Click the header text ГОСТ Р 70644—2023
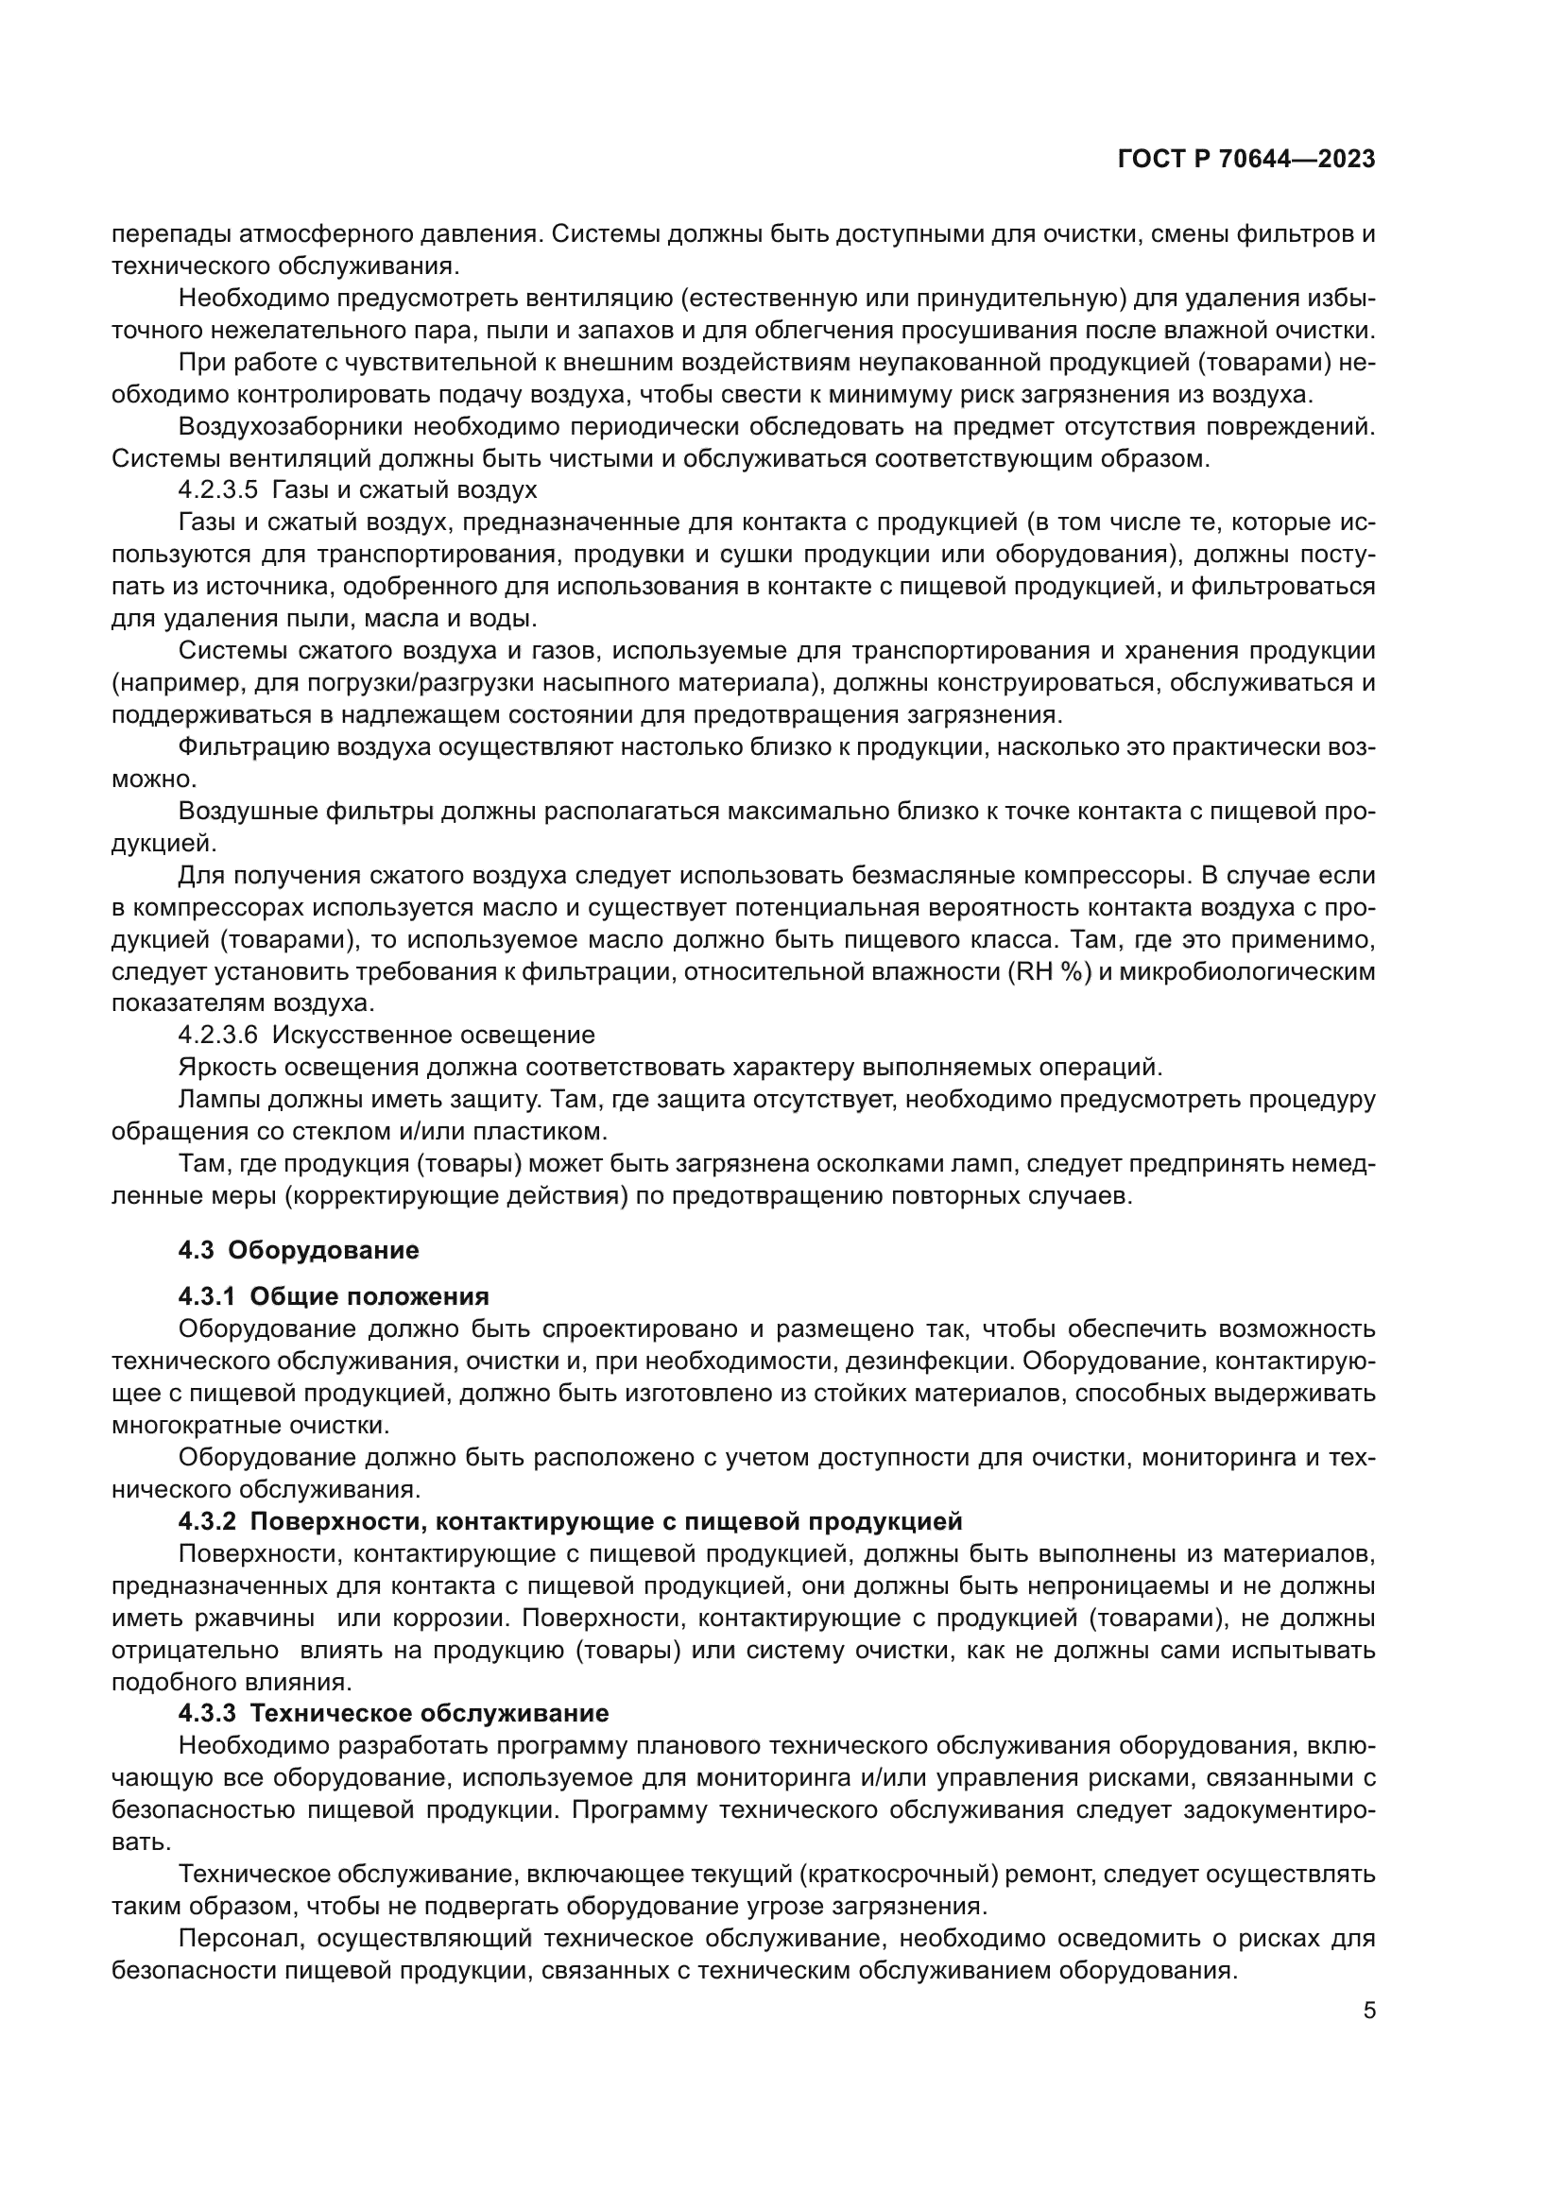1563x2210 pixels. (x=1245, y=160)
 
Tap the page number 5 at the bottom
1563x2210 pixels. (x=1368, y=2010)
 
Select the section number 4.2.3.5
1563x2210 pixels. (x=217, y=490)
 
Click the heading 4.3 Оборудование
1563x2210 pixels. (x=299, y=1250)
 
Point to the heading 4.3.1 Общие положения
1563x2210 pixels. (x=333, y=1296)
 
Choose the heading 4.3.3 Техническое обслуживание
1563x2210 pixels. (x=393, y=1713)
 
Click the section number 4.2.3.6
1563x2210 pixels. (x=217, y=1035)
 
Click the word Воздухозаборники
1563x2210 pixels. (x=270, y=426)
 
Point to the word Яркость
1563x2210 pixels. (x=222, y=1067)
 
